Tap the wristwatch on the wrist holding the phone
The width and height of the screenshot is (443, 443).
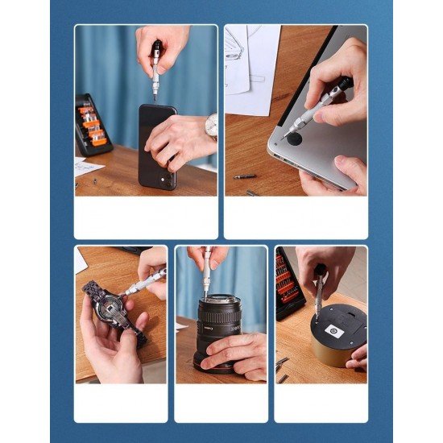click(212, 126)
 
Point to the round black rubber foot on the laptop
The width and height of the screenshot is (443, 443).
click(296, 139)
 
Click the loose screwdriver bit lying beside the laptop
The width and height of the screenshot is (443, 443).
click(245, 176)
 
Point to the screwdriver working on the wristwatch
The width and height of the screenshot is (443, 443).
click(143, 283)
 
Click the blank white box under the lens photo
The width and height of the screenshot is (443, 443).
click(221, 403)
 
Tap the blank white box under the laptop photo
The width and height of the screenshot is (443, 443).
click(295, 217)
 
